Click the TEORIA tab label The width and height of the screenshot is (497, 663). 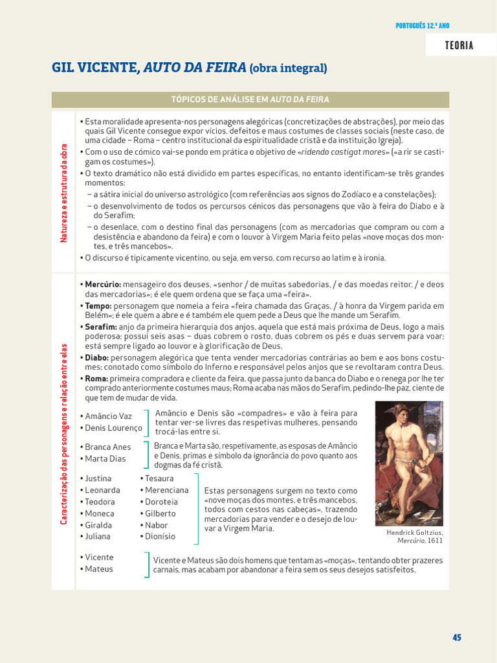[459, 45]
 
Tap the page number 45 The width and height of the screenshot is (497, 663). [457, 637]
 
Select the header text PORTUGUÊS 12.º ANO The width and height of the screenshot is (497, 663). [422, 26]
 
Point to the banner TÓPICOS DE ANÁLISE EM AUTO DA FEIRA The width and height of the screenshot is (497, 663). [250, 99]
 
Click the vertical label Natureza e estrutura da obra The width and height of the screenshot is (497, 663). [64, 194]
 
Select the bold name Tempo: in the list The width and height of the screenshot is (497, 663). [98, 306]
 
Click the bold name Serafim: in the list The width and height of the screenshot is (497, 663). [101, 327]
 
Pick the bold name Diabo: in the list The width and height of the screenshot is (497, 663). [98, 357]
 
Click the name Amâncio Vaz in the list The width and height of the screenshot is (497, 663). [108, 416]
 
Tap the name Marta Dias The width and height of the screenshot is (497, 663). [105, 458]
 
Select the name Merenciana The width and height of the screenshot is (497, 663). [167, 490]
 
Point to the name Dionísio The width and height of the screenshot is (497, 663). [160, 536]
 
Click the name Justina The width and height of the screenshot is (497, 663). [98, 478]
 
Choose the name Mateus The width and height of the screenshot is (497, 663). [99, 568]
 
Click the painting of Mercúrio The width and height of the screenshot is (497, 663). [409, 463]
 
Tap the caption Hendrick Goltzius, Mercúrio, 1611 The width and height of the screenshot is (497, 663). [415, 536]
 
